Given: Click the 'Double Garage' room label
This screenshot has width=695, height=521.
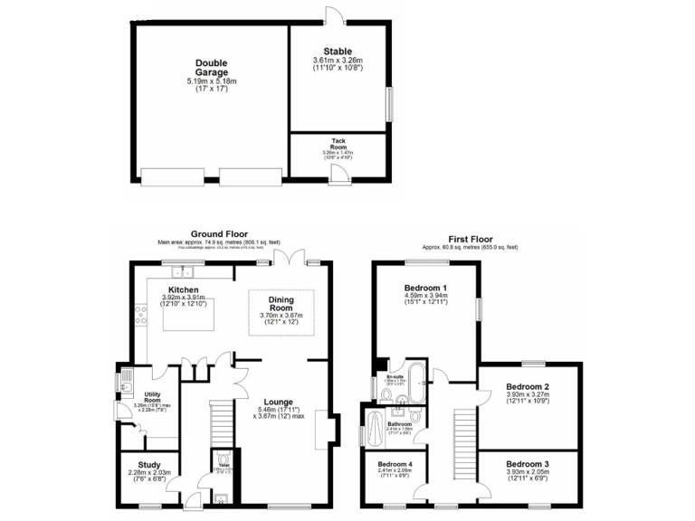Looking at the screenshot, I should click(x=212, y=68).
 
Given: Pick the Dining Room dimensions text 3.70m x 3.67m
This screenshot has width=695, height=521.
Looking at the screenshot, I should click(x=285, y=314).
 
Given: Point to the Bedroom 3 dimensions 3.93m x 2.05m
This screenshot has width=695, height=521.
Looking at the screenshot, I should click(x=527, y=471).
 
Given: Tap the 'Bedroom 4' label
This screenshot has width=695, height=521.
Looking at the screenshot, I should click(x=395, y=463).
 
